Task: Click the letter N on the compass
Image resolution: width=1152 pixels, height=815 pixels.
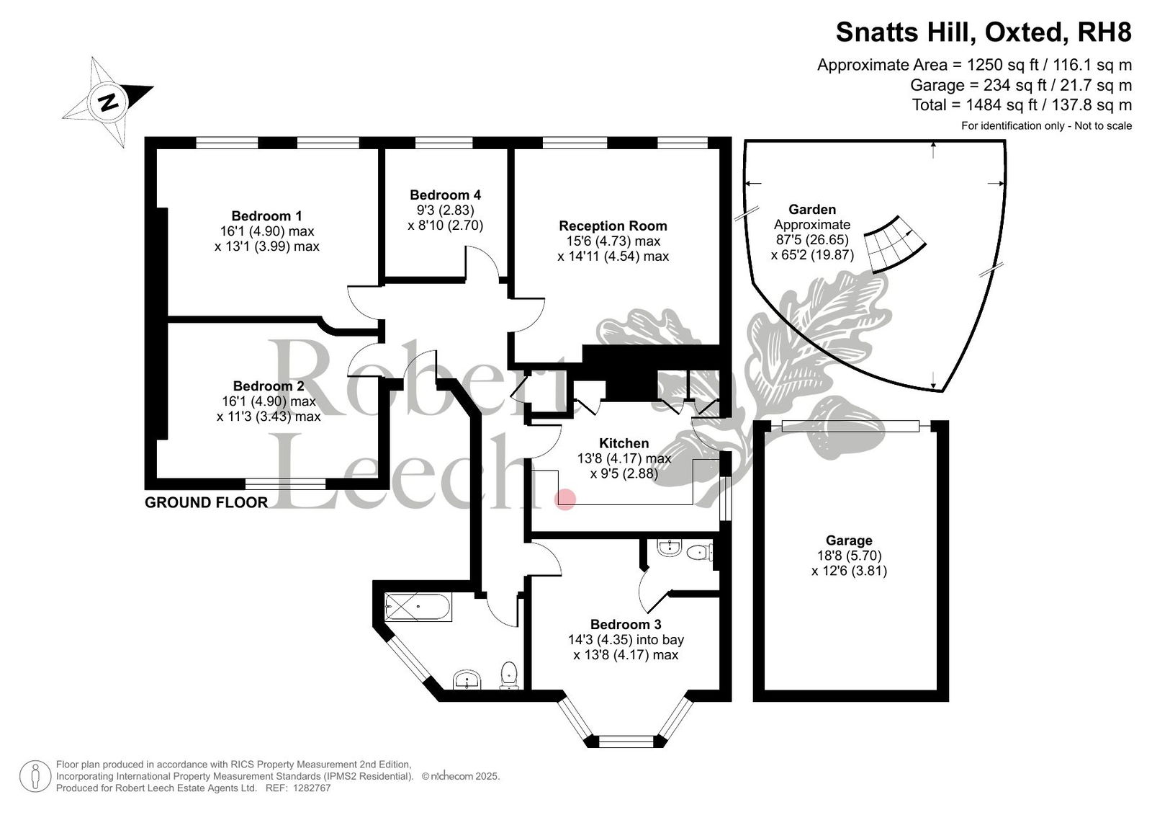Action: tap(108, 102)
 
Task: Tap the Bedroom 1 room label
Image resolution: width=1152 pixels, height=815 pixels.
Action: tap(266, 216)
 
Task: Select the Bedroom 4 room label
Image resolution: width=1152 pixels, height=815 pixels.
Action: tap(446, 195)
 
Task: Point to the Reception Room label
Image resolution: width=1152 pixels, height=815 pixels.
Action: tap(613, 226)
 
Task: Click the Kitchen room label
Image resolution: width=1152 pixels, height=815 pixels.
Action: tap(624, 443)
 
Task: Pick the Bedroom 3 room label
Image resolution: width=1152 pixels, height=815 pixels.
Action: tap(626, 625)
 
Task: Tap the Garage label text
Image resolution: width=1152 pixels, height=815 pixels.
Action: tap(849, 540)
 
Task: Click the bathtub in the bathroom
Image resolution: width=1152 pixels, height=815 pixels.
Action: tap(418, 607)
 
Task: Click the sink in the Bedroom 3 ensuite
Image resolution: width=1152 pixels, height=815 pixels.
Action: tap(669, 548)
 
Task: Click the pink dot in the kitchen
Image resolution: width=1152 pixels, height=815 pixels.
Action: tap(565, 499)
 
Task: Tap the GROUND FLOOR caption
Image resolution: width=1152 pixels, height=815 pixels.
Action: tap(206, 502)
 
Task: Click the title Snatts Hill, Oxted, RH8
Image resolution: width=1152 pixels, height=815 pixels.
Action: tap(984, 32)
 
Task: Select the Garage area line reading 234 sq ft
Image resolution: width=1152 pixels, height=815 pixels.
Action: tap(1021, 85)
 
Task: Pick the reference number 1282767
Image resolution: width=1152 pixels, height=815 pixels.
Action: tap(312, 788)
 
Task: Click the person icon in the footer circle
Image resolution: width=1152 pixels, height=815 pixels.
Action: tap(35, 776)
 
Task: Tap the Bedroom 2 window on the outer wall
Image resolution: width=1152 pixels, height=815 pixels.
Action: tap(285, 484)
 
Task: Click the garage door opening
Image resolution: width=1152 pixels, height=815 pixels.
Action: tap(850, 426)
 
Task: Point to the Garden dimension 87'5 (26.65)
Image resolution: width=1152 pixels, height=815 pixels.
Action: tap(812, 240)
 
